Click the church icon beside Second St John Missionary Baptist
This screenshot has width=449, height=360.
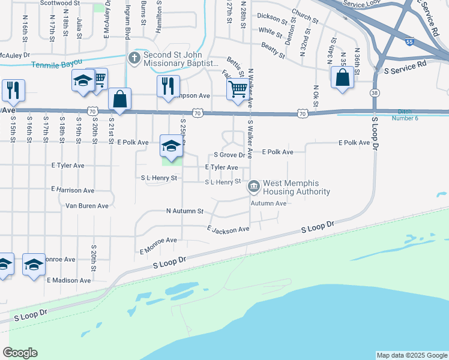pyautogui.click(x=134, y=58)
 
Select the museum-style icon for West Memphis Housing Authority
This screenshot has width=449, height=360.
pyautogui.click(x=254, y=187)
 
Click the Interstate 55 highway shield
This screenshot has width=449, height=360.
pyautogui.click(x=409, y=43)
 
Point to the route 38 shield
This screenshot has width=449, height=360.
pyautogui.click(x=375, y=93)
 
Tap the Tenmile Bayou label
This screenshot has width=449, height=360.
pyautogui.click(x=56, y=65)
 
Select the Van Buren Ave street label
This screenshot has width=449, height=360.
pyautogui.click(x=87, y=206)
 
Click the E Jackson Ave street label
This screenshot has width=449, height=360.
pyautogui.click(x=228, y=229)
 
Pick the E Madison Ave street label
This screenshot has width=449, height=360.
pyautogui.click(x=68, y=280)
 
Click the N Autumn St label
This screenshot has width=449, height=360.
pyautogui.click(x=185, y=211)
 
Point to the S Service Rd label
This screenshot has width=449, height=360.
pyautogui.click(x=405, y=64)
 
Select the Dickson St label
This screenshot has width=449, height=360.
pyautogui.click(x=270, y=17)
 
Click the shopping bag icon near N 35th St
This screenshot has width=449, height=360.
pyautogui.click(x=342, y=78)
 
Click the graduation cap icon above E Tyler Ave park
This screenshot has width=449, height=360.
pyautogui.click(x=171, y=146)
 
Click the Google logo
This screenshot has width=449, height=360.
pyautogui.click(x=20, y=353)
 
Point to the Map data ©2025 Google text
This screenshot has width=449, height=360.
pyautogui.click(x=411, y=355)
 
